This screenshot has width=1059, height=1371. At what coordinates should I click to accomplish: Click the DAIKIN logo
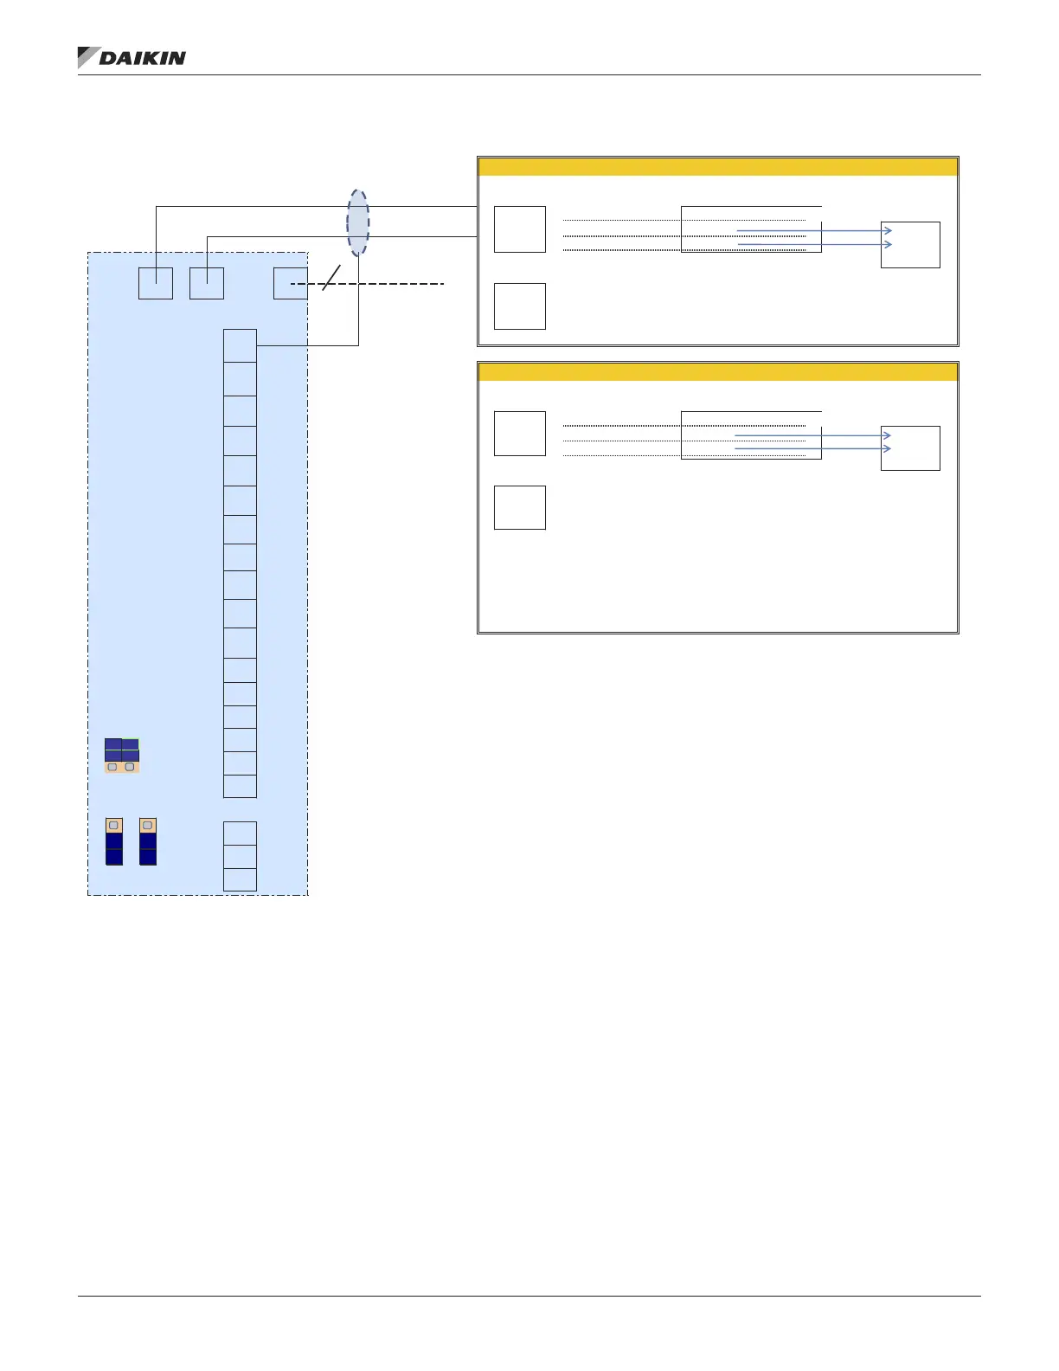coord(132,58)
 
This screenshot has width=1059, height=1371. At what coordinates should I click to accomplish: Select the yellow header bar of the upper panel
coord(717,167)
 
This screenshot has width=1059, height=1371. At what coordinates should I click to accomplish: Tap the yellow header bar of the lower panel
coord(717,372)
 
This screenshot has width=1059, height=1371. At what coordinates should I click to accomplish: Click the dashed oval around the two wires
coord(358,222)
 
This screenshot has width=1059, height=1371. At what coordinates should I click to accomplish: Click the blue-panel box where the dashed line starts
coord(290,284)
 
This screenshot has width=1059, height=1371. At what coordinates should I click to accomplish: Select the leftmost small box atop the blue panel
coord(156,284)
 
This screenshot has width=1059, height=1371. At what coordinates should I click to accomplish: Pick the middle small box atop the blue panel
coord(207,284)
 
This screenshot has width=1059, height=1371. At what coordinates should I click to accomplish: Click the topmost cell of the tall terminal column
coord(240,345)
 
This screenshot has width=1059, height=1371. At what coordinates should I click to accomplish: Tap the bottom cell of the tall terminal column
coord(240,786)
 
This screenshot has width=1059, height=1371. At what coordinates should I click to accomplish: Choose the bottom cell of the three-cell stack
coord(240,879)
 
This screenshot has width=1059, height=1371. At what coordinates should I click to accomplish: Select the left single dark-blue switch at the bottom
coord(114,841)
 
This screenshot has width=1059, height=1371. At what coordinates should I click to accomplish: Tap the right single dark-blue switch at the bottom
coord(148,841)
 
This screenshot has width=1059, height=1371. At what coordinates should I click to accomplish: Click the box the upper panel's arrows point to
coord(910,245)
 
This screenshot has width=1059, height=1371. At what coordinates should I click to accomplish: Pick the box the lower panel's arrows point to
coord(910,448)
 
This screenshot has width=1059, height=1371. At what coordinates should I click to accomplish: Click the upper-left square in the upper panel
coord(520,229)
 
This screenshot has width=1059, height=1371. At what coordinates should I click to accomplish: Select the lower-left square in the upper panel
coord(520,306)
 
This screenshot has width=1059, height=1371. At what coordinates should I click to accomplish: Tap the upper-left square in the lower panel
coord(520,434)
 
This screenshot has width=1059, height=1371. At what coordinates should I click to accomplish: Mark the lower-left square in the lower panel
coord(520,507)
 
